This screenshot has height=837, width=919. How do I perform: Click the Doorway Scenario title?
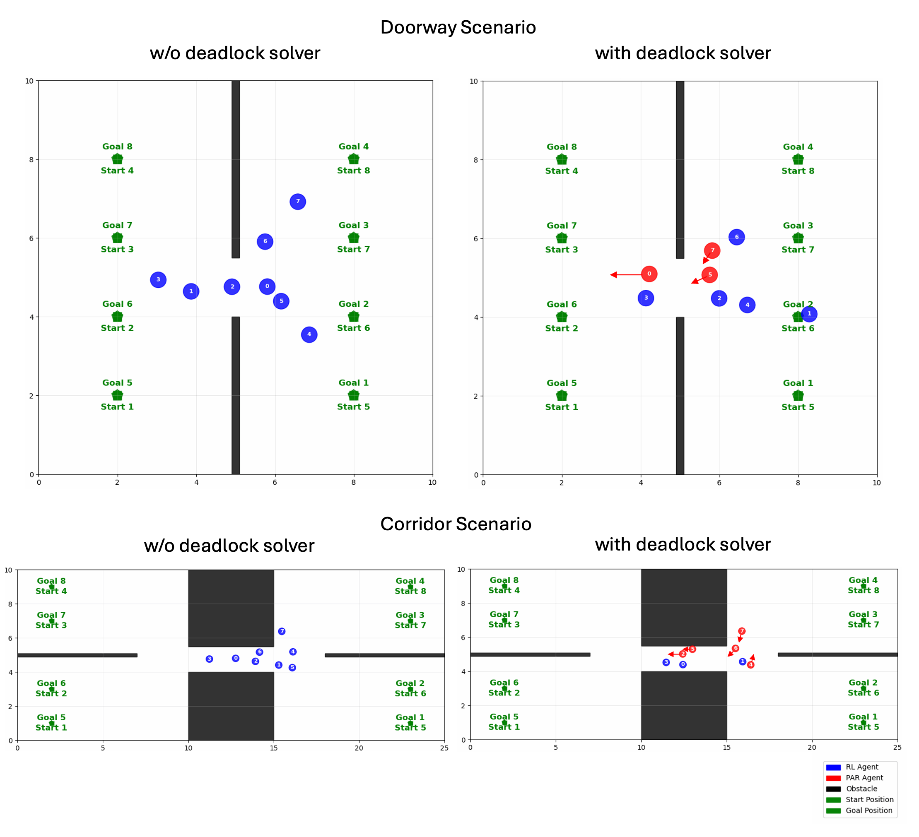[x=458, y=27]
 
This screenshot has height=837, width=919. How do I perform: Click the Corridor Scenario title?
[x=456, y=524]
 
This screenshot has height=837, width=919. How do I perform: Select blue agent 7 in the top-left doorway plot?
[x=298, y=202]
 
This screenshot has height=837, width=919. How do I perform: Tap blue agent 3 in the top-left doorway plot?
[x=158, y=280]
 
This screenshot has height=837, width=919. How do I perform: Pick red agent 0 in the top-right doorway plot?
[x=649, y=274]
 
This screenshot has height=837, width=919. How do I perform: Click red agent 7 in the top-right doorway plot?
[x=712, y=250]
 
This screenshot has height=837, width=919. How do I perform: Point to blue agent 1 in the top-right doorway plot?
[x=809, y=313]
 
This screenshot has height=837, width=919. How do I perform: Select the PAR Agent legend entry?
[x=864, y=778]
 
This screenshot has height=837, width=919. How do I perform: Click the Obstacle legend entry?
[x=861, y=789]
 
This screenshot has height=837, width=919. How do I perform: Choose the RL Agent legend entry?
[x=861, y=767]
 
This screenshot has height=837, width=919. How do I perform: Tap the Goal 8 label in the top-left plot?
[x=117, y=147]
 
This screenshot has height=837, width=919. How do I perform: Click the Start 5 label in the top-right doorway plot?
[x=798, y=407]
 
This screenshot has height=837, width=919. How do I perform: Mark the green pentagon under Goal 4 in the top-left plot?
[x=354, y=159]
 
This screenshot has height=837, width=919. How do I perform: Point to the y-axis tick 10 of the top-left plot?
[x=29, y=81]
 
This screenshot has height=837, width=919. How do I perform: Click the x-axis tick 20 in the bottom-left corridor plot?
[x=359, y=748]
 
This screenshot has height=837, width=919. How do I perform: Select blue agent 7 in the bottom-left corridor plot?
[x=282, y=631]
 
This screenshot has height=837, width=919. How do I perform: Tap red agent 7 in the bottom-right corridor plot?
[x=742, y=631]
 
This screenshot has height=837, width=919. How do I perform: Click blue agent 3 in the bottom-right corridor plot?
[x=666, y=662]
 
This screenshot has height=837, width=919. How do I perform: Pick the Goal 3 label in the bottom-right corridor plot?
[x=863, y=614]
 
